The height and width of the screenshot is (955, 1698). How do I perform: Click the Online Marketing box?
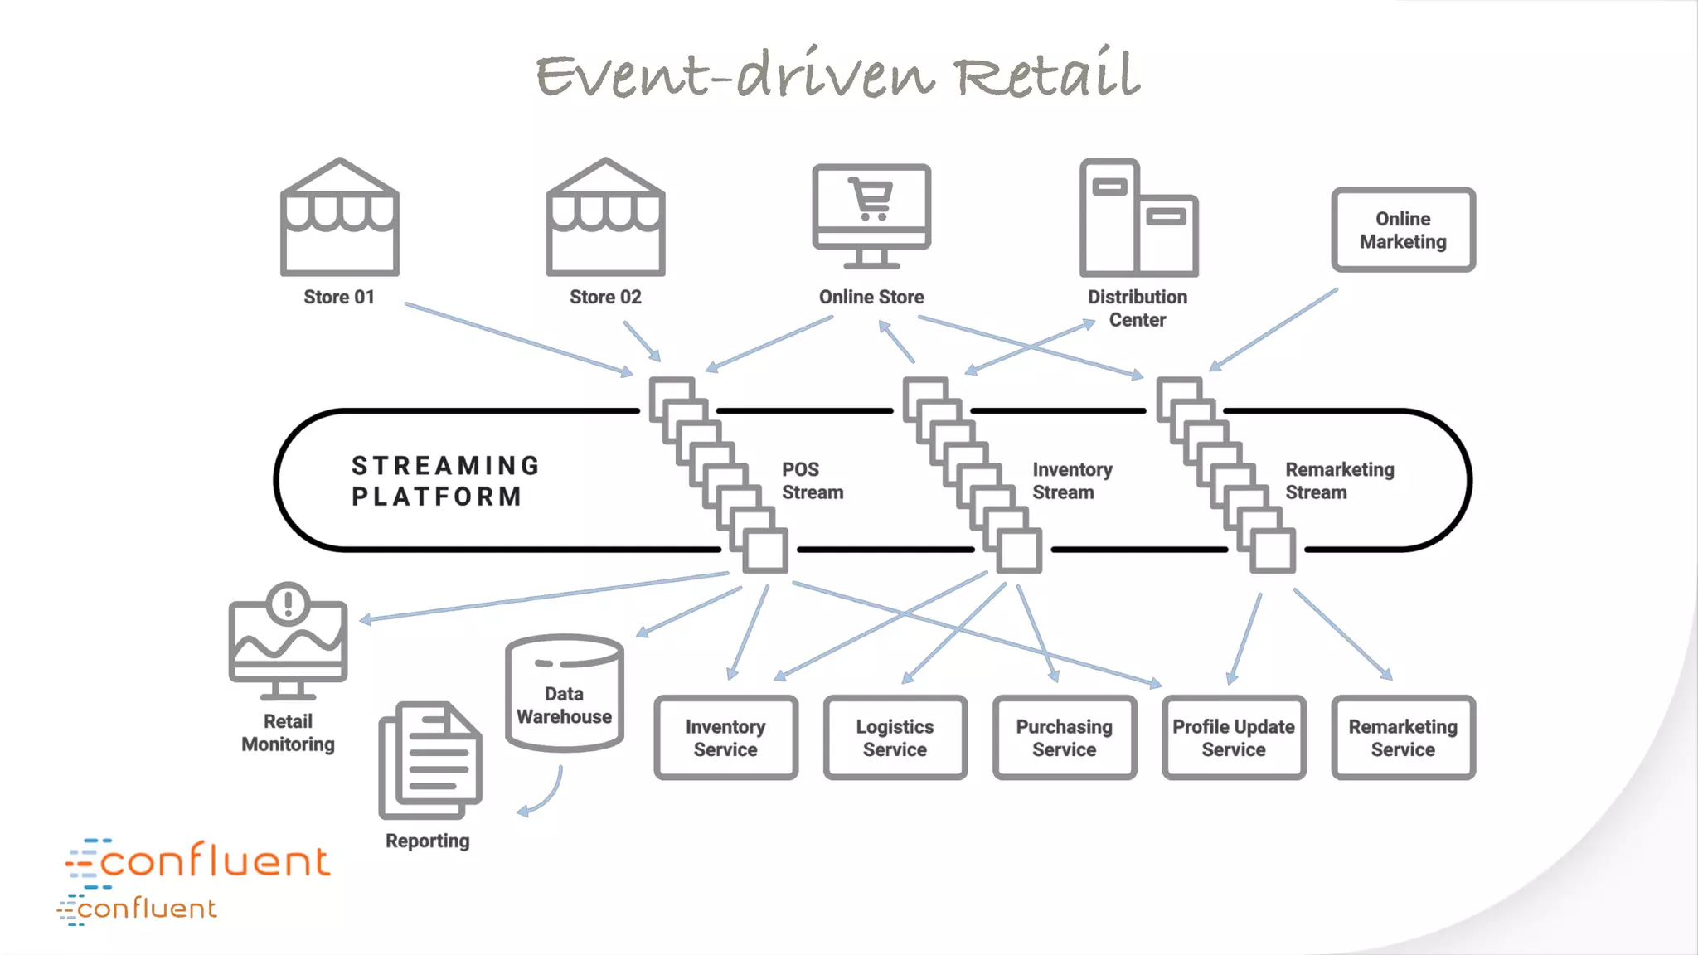click(x=1403, y=230)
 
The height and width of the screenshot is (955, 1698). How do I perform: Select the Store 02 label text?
click(x=605, y=297)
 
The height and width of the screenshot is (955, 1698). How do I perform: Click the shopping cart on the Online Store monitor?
click(x=871, y=200)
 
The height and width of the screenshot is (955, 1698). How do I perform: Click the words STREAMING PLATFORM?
click(x=445, y=481)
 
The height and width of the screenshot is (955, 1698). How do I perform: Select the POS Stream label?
click(x=812, y=481)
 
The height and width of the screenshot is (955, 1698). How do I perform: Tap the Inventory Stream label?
click(x=1071, y=481)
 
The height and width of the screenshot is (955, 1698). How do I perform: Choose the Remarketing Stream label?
click(x=1339, y=481)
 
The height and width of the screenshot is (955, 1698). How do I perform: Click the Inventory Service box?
click(x=725, y=738)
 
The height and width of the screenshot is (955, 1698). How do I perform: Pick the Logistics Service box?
click(x=895, y=738)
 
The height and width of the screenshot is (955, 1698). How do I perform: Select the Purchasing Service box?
click(x=1065, y=738)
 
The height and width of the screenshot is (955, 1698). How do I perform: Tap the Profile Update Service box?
click(x=1234, y=738)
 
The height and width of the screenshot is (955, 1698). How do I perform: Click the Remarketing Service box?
click(x=1403, y=738)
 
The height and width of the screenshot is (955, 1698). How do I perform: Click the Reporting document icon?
click(x=430, y=759)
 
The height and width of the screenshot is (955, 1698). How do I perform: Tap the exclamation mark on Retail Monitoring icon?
click(x=288, y=603)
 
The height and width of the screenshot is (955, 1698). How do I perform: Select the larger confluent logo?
click(x=199, y=861)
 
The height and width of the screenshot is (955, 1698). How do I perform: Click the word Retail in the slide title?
click(x=1046, y=75)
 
